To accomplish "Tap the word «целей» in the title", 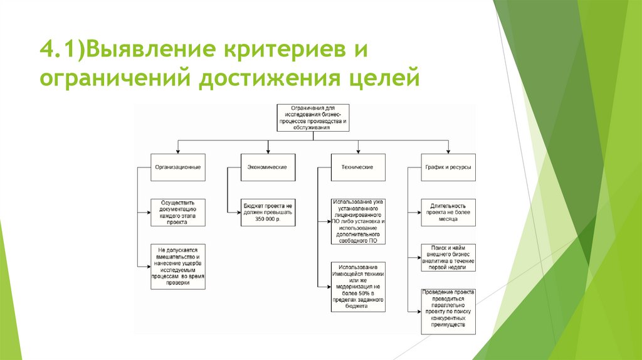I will [381, 80].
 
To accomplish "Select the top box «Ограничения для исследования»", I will [313, 118].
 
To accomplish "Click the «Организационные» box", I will [178, 167].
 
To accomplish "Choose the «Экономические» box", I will [268, 167].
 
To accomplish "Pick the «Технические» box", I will [358, 167].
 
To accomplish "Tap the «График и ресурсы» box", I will [448, 167].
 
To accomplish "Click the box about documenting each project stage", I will [178, 212].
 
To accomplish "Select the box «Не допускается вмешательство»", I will [178, 266].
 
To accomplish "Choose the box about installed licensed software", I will [358, 221].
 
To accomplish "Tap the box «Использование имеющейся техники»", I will [358, 287].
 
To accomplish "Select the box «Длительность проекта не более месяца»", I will [448, 212].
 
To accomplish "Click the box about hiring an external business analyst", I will [448, 257].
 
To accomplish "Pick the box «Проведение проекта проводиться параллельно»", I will [448, 311].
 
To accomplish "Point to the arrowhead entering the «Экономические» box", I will [268, 151].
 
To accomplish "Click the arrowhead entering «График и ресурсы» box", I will [448, 151].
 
